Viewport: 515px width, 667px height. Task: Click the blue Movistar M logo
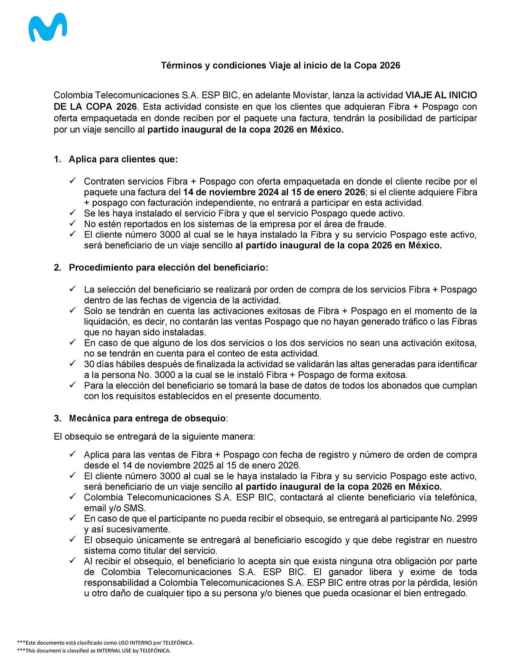(47, 27)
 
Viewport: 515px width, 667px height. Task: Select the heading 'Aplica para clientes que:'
(123, 159)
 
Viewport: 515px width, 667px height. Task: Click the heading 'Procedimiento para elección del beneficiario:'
(168, 267)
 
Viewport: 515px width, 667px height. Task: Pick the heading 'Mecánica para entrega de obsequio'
(147, 418)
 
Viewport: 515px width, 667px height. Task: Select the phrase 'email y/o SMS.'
(115, 508)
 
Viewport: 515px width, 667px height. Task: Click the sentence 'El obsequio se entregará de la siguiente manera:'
(154, 437)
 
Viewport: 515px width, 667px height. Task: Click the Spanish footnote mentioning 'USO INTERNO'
(107, 643)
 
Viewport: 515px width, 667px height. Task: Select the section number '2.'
(57, 267)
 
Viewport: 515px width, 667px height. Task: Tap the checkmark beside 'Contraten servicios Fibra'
(73, 181)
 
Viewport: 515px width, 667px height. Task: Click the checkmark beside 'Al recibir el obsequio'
(73, 561)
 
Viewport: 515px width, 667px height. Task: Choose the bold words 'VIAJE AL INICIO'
(441, 95)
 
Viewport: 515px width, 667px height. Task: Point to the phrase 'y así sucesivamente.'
(127, 529)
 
